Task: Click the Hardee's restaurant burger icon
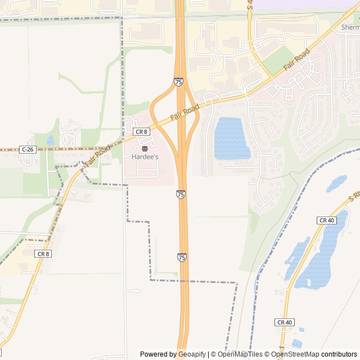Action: pos(145,148)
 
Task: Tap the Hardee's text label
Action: pos(145,157)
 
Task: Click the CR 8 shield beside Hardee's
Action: pos(141,132)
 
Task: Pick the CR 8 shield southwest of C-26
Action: pos(43,254)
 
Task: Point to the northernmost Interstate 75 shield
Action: pos(178,82)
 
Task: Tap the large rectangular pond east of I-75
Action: pos(231,138)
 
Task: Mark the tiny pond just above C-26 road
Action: pos(51,140)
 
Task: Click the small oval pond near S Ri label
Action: pos(336,183)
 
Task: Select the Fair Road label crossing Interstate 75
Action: pos(186,112)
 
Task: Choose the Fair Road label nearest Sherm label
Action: pos(296,60)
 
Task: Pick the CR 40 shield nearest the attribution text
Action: pos(284,322)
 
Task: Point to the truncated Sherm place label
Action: pos(350,27)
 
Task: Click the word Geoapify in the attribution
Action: pos(192,354)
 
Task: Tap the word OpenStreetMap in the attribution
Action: pos(295,354)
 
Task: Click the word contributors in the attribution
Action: pos(339,354)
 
